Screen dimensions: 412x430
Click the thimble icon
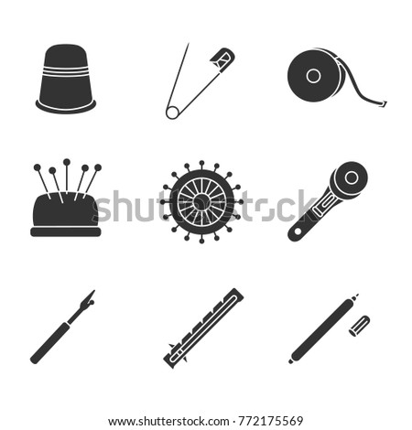66,79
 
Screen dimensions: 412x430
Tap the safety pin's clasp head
223,60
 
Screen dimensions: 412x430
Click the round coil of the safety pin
172,113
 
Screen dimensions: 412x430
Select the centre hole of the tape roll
313,75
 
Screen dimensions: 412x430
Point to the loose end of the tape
383,104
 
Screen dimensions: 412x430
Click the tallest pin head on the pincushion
67,162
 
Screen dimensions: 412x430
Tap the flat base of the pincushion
66,231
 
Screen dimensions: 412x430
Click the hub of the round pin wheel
201,201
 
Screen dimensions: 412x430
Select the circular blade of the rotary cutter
351,177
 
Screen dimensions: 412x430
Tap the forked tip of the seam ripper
91,297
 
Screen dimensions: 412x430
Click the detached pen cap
360,326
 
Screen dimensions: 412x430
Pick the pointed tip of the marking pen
356,296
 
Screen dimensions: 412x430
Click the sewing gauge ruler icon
203,328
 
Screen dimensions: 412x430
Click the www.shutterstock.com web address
168,422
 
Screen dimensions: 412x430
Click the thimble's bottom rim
66,106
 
